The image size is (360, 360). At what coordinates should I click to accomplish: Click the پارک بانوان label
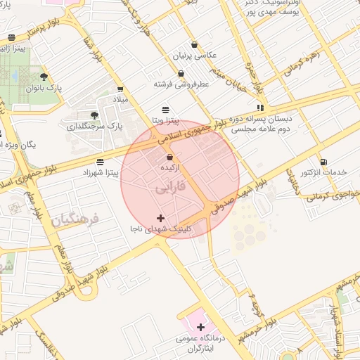coord(44,89)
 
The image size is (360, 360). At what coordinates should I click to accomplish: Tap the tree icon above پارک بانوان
coord(44,77)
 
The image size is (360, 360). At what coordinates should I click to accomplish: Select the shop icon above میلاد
coord(121,89)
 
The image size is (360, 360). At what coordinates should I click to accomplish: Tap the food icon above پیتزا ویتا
coord(165,109)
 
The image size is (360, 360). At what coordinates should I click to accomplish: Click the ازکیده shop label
coord(169,169)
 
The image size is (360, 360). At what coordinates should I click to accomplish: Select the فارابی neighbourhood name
coord(169,188)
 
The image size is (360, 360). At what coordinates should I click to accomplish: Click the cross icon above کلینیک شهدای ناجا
coord(161,218)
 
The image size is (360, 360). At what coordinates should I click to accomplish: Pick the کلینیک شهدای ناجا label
coord(160,230)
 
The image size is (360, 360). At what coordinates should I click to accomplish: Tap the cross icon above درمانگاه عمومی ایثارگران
coord(202,327)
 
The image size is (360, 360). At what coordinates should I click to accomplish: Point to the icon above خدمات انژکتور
coord(323,162)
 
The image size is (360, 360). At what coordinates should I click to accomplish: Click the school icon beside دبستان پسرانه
coord(260,108)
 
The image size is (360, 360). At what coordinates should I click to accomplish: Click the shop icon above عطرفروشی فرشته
coord(181,73)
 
